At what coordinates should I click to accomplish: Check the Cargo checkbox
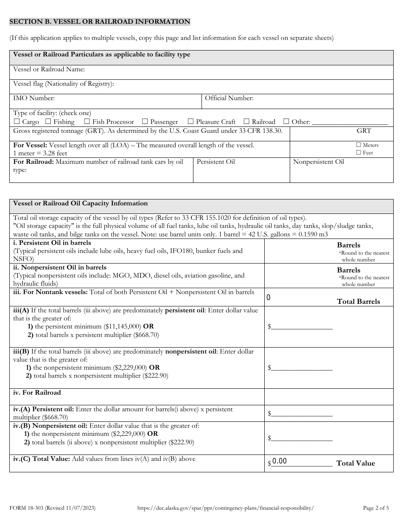pyautogui.click(x=17, y=122)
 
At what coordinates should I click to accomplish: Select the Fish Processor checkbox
pyautogui.click(x=87, y=122)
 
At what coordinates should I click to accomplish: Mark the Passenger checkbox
pyautogui.click(x=145, y=122)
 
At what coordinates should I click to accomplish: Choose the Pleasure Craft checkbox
pyautogui.click(x=190, y=122)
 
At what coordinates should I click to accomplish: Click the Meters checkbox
pyautogui.click(x=358, y=145)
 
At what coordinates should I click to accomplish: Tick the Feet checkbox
pyautogui.click(x=358, y=152)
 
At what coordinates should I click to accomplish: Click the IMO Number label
pyautogui.click(x=34, y=98)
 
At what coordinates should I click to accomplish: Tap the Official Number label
pyautogui.click(x=229, y=98)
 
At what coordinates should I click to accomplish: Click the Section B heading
pyautogui.click(x=100, y=22)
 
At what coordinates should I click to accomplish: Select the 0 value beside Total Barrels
pyautogui.click(x=269, y=298)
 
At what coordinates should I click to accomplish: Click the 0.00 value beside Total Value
pyautogui.click(x=280, y=462)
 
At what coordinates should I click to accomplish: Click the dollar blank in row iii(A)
pyautogui.click(x=302, y=326)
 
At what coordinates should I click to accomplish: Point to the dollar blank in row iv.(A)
pyautogui.click(x=302, y=413)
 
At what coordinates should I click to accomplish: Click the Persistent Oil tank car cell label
pyautogui.click(x=215, y=162)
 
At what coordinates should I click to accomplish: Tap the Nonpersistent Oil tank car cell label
pyautogui.click(x=318, y=162)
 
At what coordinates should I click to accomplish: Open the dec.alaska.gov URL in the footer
pyautogui.click(x=226, y=508)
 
